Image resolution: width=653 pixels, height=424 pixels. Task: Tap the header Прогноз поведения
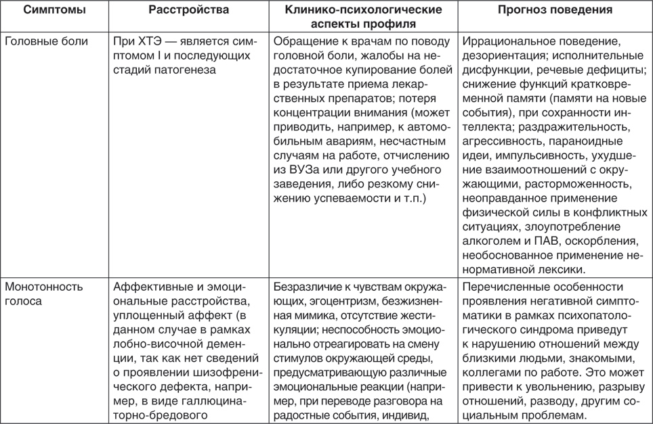tap(555, 10)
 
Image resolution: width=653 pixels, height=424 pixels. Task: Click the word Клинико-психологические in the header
tap(363, 10)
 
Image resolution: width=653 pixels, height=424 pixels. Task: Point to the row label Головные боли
tap(46, 41)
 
